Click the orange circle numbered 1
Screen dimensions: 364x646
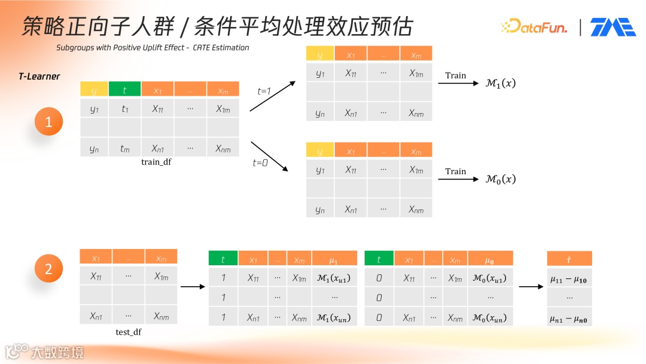coord(49,123)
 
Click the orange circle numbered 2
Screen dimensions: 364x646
coord(49,269)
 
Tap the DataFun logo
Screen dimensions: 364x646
coord(534,26)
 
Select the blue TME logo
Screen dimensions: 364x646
coord(613,27)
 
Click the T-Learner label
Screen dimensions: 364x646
coord(39,77)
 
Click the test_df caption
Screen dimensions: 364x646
coord(129,332)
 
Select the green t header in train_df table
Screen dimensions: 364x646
coord(124,90)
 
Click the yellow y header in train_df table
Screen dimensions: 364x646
coord(94,90)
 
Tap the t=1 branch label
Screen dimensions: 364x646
coord(264,91)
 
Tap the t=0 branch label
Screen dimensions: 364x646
coord(261,162)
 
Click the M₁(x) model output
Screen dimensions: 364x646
coord(501,84)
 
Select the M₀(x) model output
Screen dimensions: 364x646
coord(501,179)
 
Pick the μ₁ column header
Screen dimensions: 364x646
coord(334,259)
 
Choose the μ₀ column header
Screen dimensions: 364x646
coord(490,259)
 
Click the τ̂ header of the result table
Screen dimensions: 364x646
coord(569,259)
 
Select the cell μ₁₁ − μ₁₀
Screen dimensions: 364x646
coord(569,279)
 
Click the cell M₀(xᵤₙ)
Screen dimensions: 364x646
coord(490,317)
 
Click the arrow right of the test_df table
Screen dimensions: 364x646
coord(193,286)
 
